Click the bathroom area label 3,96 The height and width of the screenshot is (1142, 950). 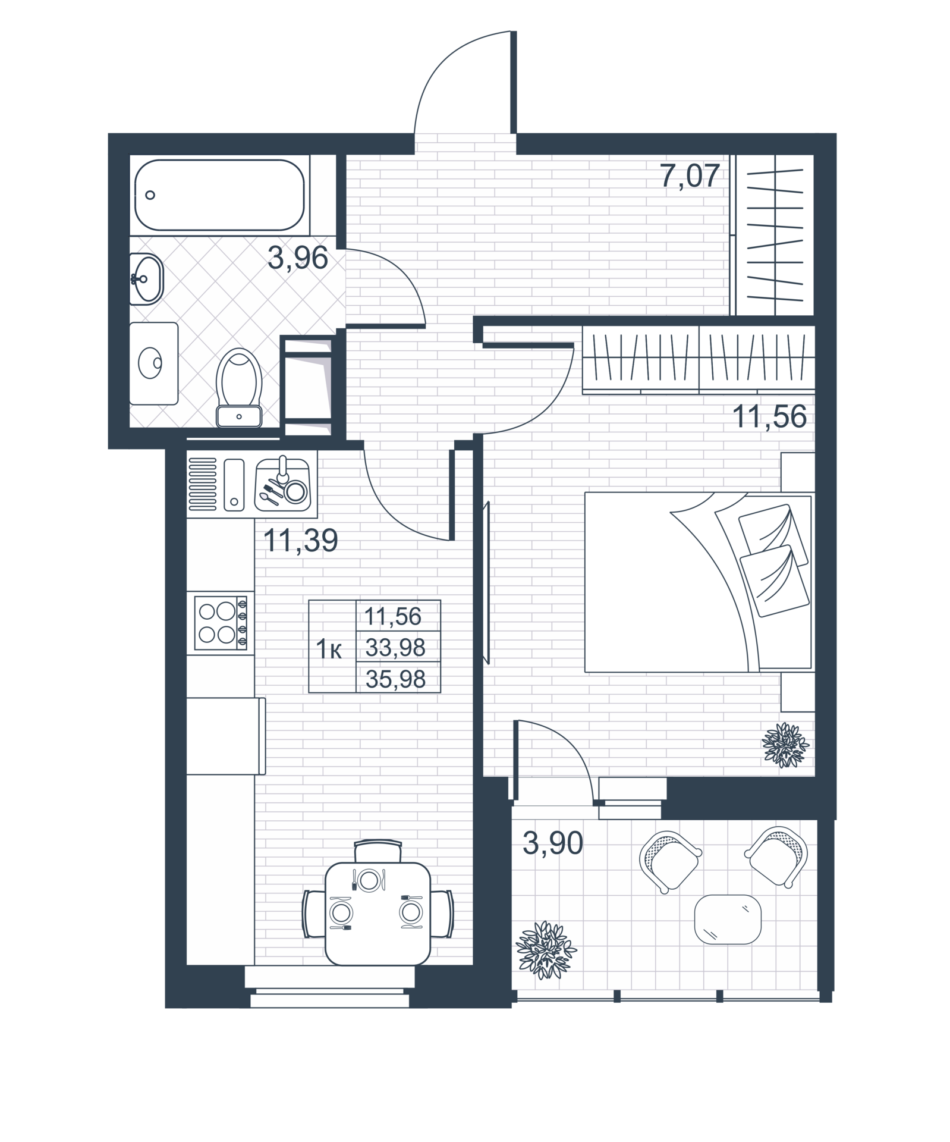click(x=298, y=259)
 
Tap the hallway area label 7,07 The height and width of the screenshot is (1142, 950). click(x=690, y=176)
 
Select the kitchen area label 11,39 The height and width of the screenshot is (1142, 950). click(x=300, y=541)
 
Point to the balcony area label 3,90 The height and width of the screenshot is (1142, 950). click(x=553, y=843)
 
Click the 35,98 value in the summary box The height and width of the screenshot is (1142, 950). click(x=395, y=679)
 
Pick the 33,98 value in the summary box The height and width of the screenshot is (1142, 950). click(x=395, y=647)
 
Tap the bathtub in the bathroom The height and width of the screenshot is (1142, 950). click(x=220, y=194)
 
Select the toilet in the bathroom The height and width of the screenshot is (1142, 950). click(x=239, y=388)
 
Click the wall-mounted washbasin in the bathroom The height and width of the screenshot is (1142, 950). click(x=146, y=278)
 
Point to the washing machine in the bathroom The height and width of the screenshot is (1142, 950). click(x=154, y=363)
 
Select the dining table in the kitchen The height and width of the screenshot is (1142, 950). click(x=378, y=913)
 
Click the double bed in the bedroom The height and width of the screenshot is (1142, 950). click(x=699, y=582)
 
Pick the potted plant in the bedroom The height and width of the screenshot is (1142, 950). click(x=786, y=745)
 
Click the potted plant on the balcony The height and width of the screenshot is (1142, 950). click(x=546, y=950)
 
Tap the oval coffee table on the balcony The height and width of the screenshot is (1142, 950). click(x=728, y=920)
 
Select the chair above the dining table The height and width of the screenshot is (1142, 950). click(x=378, y=851)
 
